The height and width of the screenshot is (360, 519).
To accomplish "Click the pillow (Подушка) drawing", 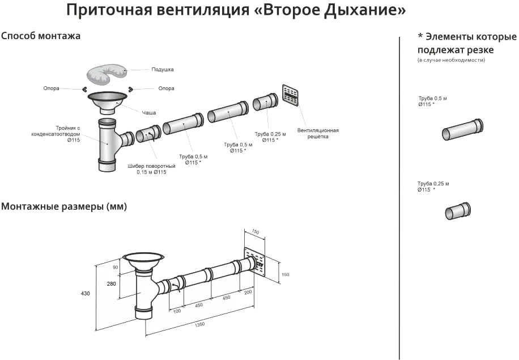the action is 107,74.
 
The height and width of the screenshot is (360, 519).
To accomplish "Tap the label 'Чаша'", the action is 148,113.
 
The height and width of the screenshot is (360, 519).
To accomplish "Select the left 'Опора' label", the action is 52,88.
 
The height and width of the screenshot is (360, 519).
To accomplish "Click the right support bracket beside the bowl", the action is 131,89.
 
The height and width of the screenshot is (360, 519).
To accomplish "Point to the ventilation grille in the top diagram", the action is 290,95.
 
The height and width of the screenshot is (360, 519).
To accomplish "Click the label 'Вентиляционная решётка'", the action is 318,133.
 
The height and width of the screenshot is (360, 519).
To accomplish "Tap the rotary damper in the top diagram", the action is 148,133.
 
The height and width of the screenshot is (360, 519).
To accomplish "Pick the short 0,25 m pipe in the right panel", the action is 458,211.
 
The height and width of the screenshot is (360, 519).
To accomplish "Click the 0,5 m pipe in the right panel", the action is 463,129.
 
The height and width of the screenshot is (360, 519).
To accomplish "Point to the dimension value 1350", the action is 199,324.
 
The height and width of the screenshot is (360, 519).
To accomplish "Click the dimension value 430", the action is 86,294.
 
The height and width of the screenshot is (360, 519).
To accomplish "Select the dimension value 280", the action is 112,284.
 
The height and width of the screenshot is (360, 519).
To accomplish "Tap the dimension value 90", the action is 116,267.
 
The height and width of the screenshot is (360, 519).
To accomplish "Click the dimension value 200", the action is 248,292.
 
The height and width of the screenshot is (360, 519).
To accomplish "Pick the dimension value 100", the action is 177,311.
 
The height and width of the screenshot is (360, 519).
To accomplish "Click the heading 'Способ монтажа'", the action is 41,36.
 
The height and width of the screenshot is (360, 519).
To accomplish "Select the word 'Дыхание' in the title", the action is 364,11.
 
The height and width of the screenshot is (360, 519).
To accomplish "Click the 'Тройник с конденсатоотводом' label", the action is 56,134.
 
